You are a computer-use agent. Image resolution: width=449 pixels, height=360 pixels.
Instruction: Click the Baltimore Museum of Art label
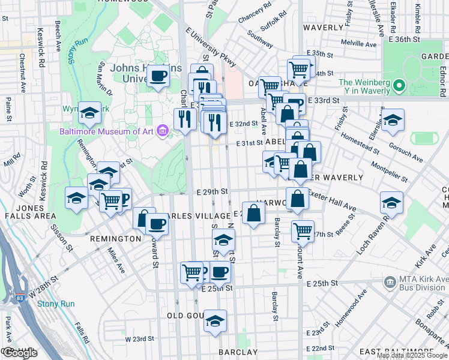[107, 131]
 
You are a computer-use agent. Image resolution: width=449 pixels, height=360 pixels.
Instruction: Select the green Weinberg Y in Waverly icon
[399, 88]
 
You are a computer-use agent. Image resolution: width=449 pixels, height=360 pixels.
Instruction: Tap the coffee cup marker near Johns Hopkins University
[158, 76]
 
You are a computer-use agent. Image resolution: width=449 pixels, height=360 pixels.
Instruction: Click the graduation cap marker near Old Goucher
[215, 321]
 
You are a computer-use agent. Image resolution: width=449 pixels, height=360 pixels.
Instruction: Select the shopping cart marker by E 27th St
[303, 230]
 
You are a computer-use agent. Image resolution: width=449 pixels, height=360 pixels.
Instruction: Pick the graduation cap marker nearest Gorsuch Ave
[393, 119]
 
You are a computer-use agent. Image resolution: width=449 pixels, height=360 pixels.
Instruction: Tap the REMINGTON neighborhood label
[115, 239]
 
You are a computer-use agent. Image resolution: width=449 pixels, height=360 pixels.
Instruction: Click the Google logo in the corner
[19, 353]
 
